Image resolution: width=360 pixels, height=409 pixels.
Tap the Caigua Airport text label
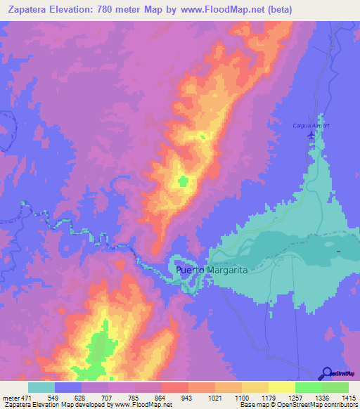(311, 126)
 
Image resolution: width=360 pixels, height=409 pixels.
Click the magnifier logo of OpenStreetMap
(327, 373)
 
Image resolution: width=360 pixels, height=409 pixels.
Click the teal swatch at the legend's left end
(41, 387)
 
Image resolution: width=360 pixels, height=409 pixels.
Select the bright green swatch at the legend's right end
(335, 387)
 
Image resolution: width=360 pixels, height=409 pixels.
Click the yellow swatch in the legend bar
(282, 387)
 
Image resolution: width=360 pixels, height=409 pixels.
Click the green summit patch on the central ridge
(184, 181)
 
